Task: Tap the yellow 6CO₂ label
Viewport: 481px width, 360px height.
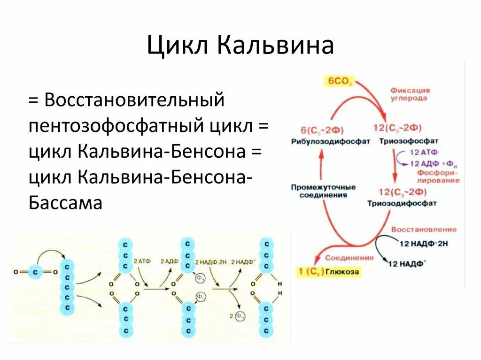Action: tap(336, 81)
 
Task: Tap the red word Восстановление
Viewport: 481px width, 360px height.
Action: tap(424, 230)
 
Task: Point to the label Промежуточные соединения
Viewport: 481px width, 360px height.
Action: tap(323, 191)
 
